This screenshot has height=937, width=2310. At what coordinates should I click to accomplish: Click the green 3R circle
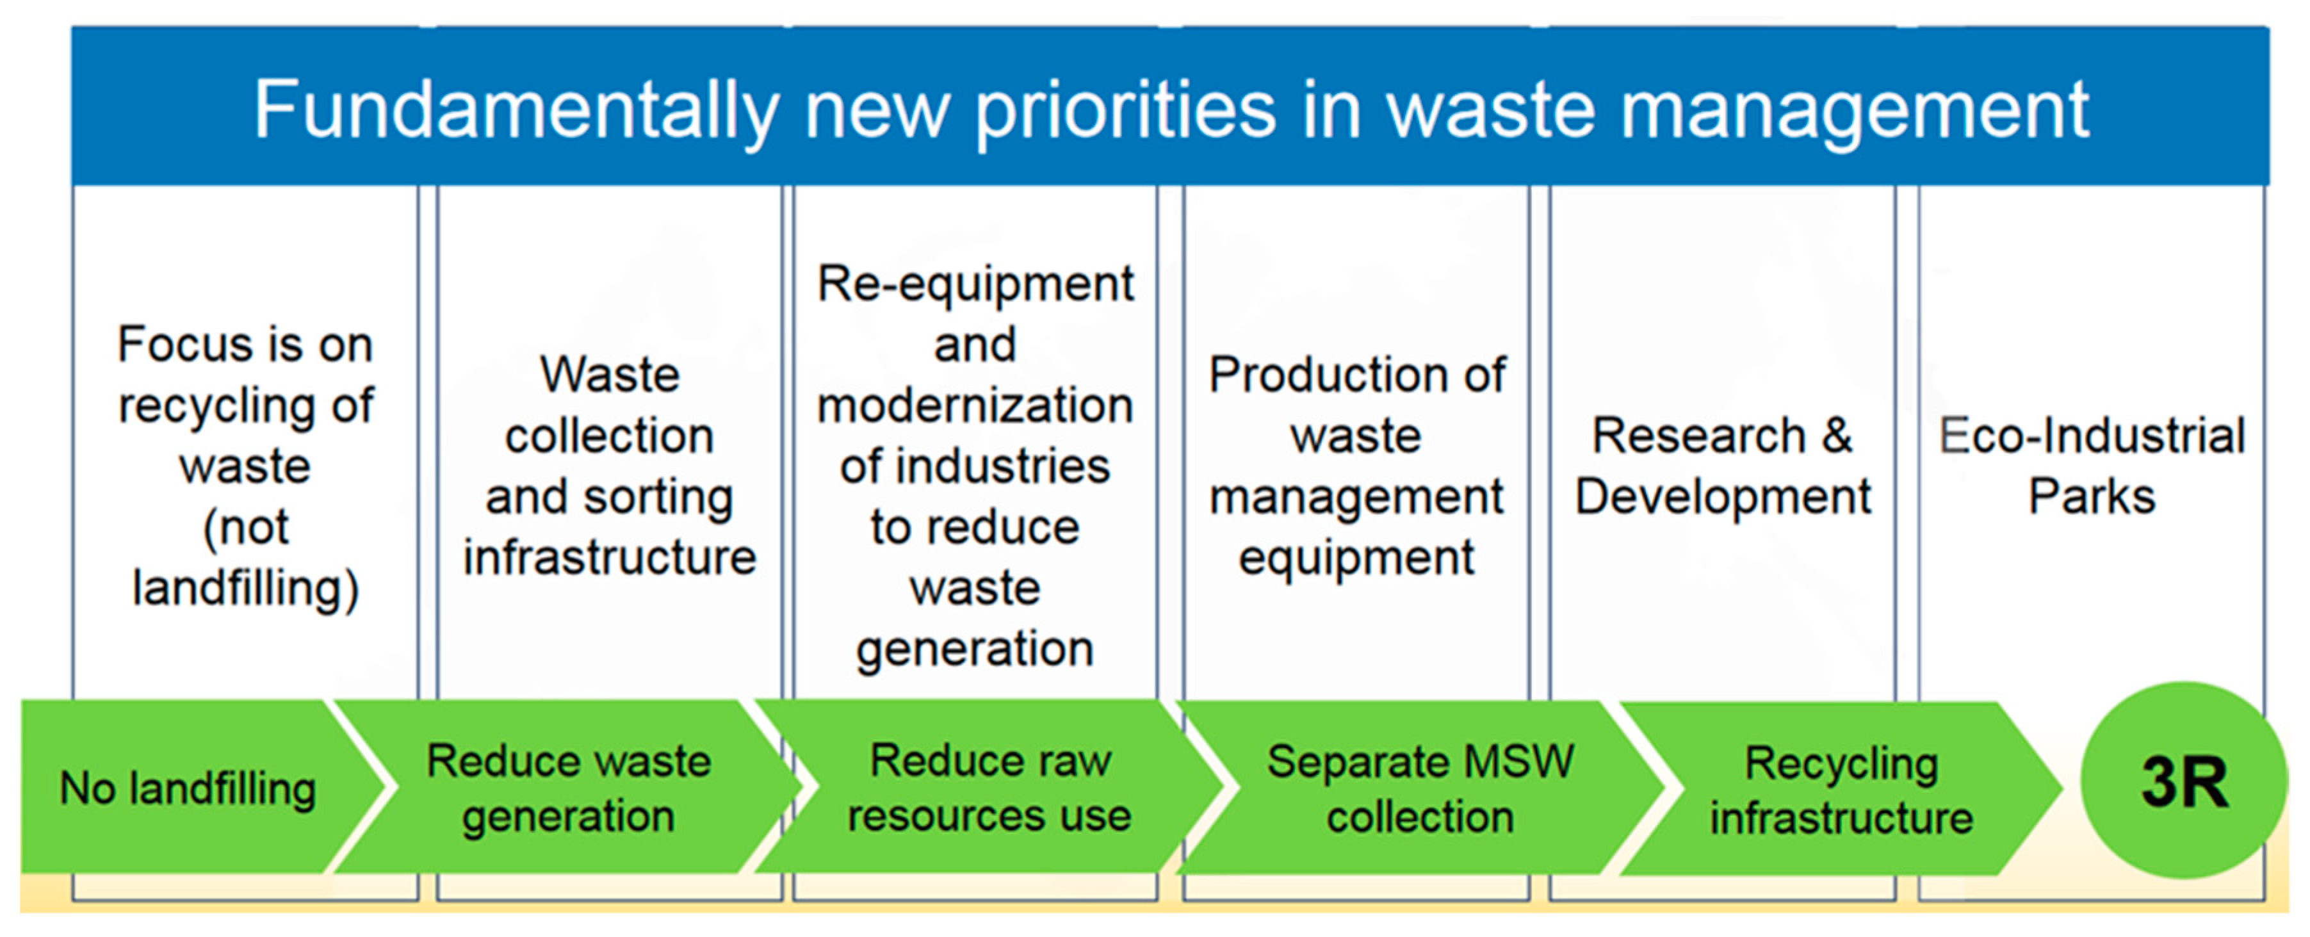[x=2184, y=781]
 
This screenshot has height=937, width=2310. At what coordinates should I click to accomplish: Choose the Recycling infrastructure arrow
[x=1841, y=790]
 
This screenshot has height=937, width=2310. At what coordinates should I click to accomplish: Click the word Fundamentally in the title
[x=516, y=110]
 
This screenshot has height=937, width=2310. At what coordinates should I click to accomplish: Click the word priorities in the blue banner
[x=1125, y=110]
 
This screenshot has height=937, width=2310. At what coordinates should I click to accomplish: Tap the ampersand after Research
[x=1837, y=436]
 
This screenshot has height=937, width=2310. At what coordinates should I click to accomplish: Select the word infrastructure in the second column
[x=610, y=557]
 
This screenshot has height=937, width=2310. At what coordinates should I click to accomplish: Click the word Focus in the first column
[x=174, y=345]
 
